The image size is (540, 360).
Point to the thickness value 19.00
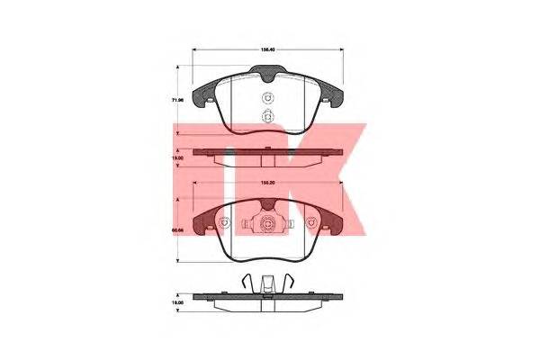coord(179,157)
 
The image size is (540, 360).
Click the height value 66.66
coord(179,230)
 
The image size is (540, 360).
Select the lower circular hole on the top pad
coord(265,116)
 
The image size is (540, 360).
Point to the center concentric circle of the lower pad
coord(267,226)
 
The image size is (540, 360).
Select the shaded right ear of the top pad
coord(330,89)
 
